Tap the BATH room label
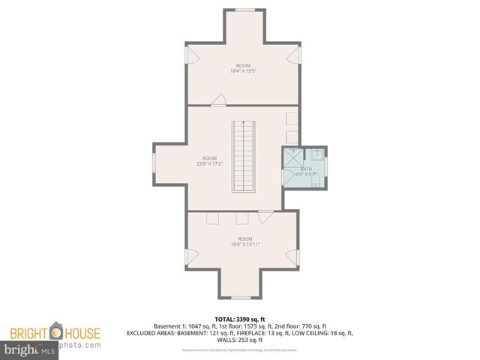pyautogui.click(x=306, y=169)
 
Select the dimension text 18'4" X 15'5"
pyautogui.click(x=242, y=71)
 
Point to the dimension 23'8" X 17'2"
pyautogui.click(x=209, y=163)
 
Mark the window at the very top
pyautogui.click(x=244, y=10)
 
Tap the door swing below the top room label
pyautogui.click(x=219, y=100)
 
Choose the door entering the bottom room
pyautogui.click(x=264, y=217)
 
